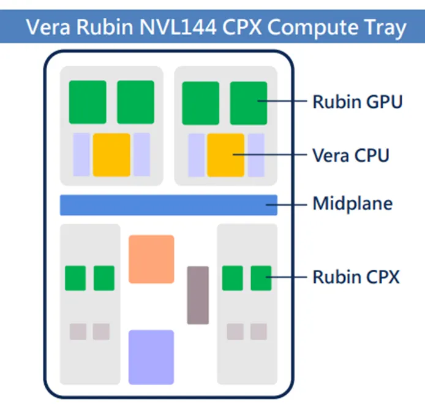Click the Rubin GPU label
pyautogui.click(x=357, y=101)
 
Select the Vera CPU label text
pyautogui.click(x=350, y=155)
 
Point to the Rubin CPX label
pyautogui.click(x=356, y=277)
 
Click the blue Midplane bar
pyautogui.click(x=168, y=205)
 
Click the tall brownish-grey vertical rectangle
pyautogui.click(x=198, y=295)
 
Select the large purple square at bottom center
pyautogui.click(x=151, y=357)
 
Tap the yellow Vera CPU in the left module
pyautogui.click(x=111, y=154)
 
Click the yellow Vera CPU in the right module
pyautogui.click(x=225, y=154)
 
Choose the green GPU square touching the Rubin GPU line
pyautogui.click(x=249, y=102)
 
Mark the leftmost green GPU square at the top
pyautogui.click(x=88, y=102)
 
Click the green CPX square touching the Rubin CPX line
pyautogui.click(x=261, y=278)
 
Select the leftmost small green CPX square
pyautogui.click(x=75, y=278)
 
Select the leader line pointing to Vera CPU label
pyautogui.click(x=269, y=155)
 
